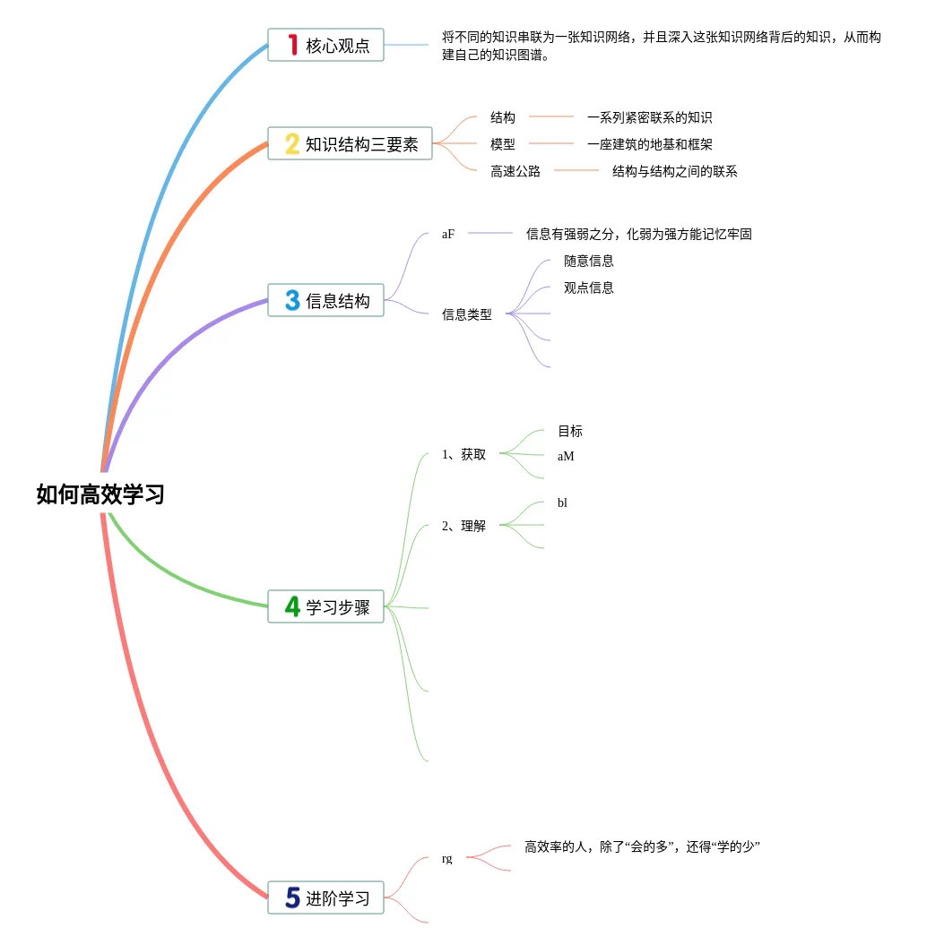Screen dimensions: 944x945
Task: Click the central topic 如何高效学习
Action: (x=100, y=494)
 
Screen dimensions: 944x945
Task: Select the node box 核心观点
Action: (x=325, y=45)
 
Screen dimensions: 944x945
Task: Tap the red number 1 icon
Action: (x=292, y=45)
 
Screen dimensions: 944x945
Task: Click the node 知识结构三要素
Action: (x=350, y=143)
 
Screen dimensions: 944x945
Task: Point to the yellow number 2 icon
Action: (x=292, y=143)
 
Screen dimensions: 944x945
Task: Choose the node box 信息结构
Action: (x=325, y=301)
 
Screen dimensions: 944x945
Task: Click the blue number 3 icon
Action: (x=292, y=301)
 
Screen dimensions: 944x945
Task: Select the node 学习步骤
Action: (x=325, y=606)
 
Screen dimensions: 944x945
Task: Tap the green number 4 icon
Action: (x=292, y=606)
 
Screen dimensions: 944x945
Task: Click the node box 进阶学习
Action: (x=325, y=898)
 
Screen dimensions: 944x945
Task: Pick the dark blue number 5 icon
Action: (x=292, y=898)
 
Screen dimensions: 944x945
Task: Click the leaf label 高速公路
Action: (x=515, y=171)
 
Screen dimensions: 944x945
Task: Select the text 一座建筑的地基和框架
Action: (x=650, y=144)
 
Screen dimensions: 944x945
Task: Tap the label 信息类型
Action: (x=467, y=314)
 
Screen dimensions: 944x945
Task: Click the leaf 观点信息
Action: (x=589, y=288)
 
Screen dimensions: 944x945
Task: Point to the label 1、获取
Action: (x=464, y=454)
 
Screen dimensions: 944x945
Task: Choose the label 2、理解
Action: (x=464, y=526)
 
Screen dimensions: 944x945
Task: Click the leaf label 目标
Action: (x=570, y=431)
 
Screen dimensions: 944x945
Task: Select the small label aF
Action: (x=448, y=234)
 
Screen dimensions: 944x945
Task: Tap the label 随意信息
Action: (x=589, y=261)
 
